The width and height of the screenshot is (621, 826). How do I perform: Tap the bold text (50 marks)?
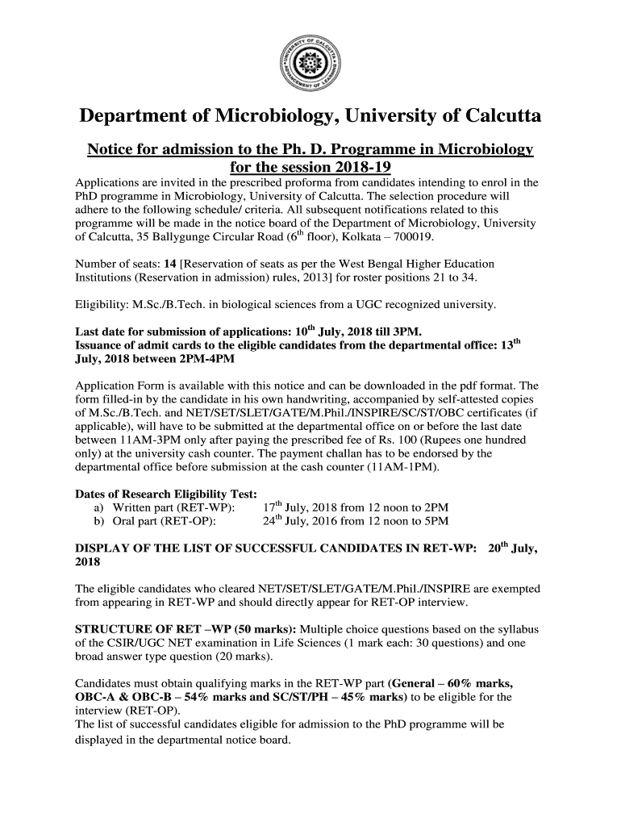(x=265, y=629)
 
